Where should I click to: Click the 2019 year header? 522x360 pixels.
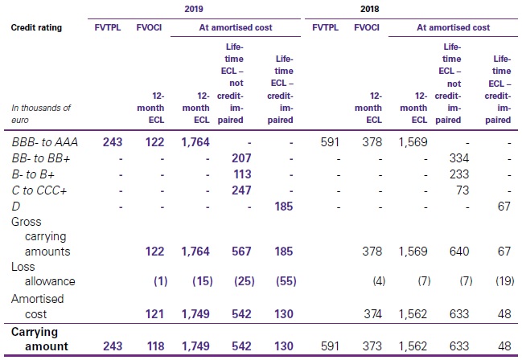pyautogui.click(x=194, y=10)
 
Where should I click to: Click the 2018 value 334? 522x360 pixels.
pyautogui.click(x=457, y=158)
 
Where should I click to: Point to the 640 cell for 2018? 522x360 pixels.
pyautogui.click(x=457, y=252)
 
